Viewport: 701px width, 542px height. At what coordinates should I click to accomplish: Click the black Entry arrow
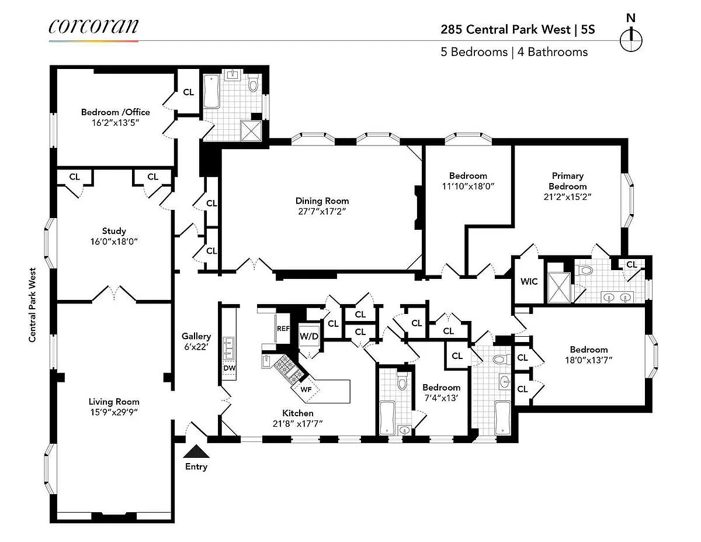click(x=196, y=451)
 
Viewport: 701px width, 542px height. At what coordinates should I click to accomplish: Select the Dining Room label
click(x=322, y=201)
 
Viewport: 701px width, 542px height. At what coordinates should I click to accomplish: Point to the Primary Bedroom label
click(x=567, y=181)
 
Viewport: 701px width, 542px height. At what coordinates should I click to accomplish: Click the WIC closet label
click(x=529, y=281)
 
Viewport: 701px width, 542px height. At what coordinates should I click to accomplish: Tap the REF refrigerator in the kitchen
click(x=283, y=329)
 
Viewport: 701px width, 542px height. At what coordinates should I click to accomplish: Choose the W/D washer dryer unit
click(x=309, y=336)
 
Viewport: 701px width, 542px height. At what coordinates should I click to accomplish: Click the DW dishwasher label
click(x=230, y=368)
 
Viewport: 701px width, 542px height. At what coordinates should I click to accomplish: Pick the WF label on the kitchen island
click(x=306, y=389)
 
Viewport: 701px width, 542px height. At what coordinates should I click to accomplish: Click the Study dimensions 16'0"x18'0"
click(x=114, y=241)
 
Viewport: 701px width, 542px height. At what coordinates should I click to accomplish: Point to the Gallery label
click(x=196, y=336)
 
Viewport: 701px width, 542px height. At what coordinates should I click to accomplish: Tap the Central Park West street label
click(x=32, y=305)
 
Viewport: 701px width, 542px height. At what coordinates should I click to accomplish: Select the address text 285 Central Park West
click(x=505, y=30)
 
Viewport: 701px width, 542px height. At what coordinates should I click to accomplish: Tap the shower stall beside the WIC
click(x=559, y=288)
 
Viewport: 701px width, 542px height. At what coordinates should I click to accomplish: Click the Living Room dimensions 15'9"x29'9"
click(x=114, y=412)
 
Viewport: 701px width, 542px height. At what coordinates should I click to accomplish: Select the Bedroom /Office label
click(x=116, y=112)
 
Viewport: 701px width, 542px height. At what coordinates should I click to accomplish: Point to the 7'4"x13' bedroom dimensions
click(x=441, y=398)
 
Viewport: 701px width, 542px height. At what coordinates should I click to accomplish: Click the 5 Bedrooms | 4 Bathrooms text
click(x=514, y=52)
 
